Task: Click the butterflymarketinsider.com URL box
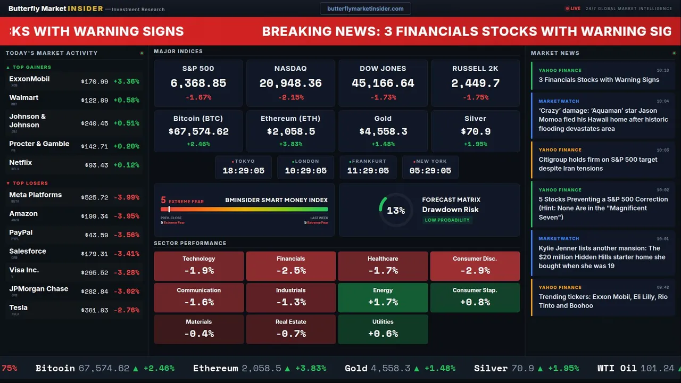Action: click(366, 9)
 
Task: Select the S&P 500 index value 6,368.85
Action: click(198, 84)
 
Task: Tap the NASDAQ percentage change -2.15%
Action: click(290, 97)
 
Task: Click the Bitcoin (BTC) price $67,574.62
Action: click(198, 131)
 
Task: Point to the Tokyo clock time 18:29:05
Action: click(243, 171)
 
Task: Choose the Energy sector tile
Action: click(383, 297)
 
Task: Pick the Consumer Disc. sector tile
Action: click(475, 266)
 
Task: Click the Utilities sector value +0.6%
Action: click(383, 334)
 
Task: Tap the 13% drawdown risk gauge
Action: click(396, 211)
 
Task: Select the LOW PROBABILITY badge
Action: click(447, 220)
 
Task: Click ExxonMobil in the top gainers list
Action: click(29, 79)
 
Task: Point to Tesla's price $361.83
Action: click(95, 310)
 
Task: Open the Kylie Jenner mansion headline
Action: click(602, 257)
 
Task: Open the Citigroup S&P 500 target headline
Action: click(598, 164)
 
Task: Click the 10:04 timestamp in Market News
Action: click(662, 101)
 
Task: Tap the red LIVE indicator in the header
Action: click(573, 9)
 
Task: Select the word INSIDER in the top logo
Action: click(85, 9)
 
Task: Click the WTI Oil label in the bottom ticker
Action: click(617, 368)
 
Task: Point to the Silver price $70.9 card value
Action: click(475, 131)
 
